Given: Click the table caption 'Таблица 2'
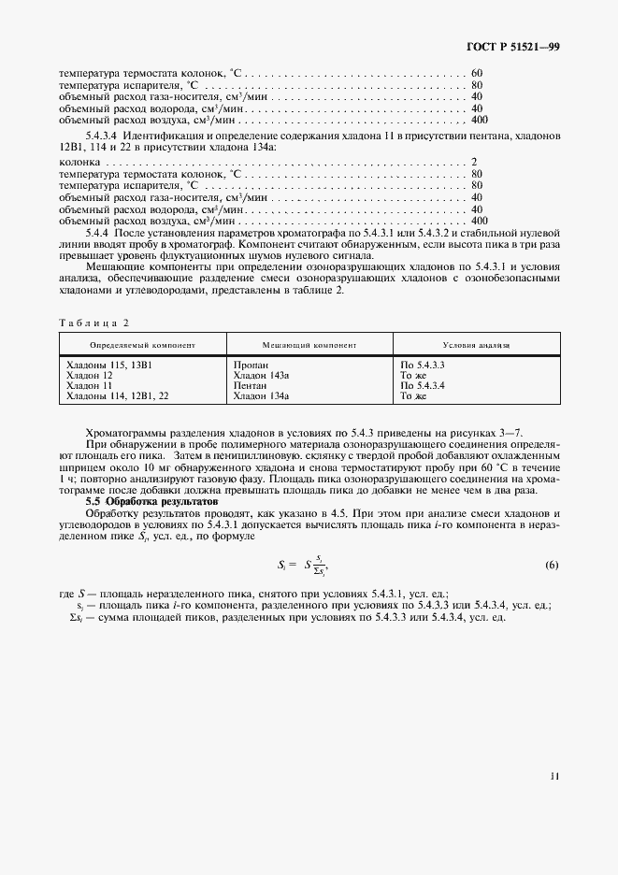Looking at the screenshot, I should (x=93, y=323).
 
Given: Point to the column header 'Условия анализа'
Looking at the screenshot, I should (x=476, y=345).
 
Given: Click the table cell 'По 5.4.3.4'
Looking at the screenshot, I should (x=422, y=385).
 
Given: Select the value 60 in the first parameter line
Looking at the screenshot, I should (x=477, y=73).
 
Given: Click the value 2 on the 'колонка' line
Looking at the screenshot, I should (x=475, y=162).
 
